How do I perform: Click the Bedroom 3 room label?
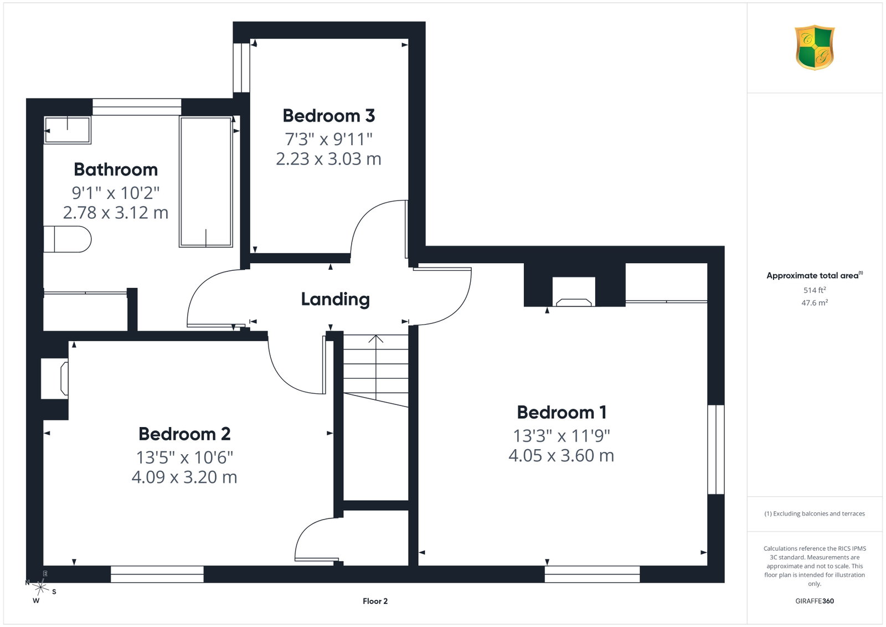click(329, 116)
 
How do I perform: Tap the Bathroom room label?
click(116, 169)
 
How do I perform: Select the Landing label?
click(336, 300)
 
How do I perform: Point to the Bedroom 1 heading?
click(562, 413)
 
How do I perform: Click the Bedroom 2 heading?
click(184, 434)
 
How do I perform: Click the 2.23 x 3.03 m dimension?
click(329, 159)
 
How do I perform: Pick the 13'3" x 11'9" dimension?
click(562, 436)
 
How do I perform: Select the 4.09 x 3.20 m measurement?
click(184, 477)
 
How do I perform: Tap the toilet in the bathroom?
click(67, 239)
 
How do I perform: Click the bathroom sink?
click(67, 130)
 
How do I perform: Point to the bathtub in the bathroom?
click(205, 182)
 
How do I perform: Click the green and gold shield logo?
click(815, 48)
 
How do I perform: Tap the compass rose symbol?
click(40, 588)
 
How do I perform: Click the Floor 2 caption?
click(375, 602)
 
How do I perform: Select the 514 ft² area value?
click(815, 290)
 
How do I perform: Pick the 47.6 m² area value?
click(815, 302)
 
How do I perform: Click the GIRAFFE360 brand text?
click(815, 601)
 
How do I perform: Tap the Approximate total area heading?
click(815, 275)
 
